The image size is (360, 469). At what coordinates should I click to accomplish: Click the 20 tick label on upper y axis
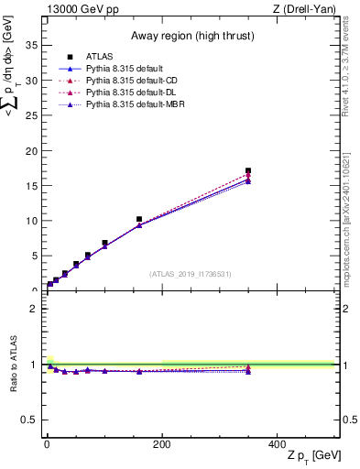pyautogui.click(x=32, y=150)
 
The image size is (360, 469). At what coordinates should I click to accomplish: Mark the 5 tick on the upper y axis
pyautogui.click(x=35, y=256)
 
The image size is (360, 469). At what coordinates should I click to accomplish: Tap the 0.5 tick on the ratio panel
pyautogui.click(x=30, y=420)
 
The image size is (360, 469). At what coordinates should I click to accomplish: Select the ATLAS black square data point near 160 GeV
pyautogui.click(x=138, y=220)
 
